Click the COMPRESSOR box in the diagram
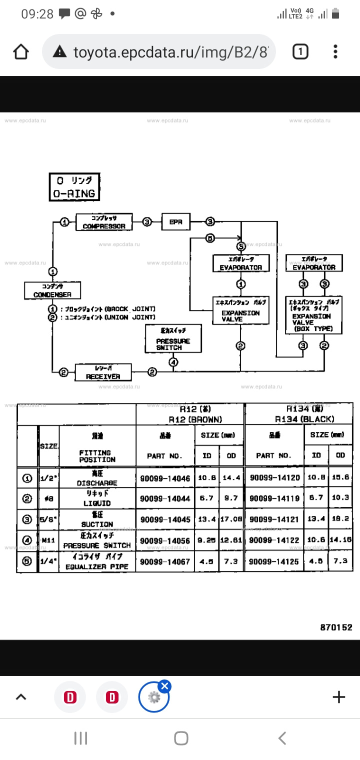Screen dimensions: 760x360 104,221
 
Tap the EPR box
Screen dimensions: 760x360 176,221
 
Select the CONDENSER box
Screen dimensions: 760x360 52,290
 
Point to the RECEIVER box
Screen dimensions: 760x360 103,372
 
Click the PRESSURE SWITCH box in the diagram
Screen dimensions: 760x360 173,339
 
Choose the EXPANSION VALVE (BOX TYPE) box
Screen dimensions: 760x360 313,315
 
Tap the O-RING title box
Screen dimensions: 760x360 74,187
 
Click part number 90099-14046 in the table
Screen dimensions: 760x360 165,478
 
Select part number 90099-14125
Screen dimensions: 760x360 274,561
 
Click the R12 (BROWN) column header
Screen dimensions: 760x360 190,414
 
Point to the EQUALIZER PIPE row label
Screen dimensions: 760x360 96,561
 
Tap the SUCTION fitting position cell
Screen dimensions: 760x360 96,519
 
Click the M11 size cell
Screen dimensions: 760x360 48,540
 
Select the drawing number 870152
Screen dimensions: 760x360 336,627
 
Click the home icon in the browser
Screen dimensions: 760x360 21,51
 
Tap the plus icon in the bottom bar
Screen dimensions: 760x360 338,697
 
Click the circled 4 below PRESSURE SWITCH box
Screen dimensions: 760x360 173,362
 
